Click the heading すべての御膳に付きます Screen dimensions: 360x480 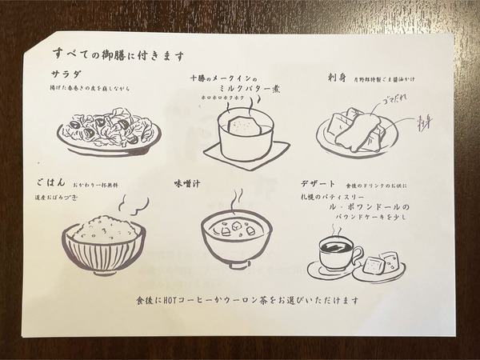point(119,55)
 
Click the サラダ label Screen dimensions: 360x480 point(63,74)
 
